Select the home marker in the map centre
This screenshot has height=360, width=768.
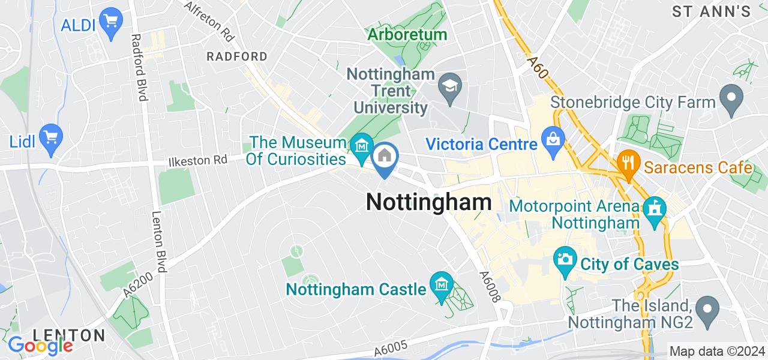(x=384, y=158)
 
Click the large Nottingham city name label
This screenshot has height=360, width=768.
(x=428, y=202)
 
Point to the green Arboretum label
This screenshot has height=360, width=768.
(x=408, y=35)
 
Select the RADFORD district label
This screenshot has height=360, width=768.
(x=236, y=56)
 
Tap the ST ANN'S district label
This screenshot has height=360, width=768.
(x=711, y=11)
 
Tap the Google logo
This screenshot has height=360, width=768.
(x=40, y=346)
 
